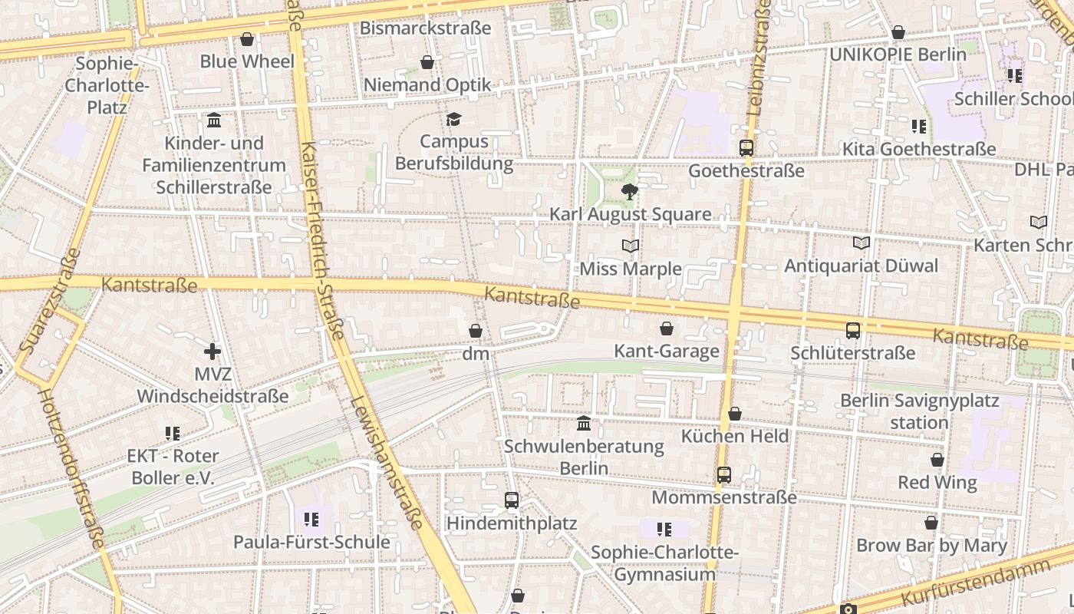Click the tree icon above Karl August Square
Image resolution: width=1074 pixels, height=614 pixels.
click(630, 191)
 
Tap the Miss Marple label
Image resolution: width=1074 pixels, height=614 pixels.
click(631, 269)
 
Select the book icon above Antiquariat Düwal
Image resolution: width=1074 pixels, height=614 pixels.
click(862, 243)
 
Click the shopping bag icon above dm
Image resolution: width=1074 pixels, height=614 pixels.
click(476, 331)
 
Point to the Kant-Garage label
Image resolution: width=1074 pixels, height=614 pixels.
click(667, 352)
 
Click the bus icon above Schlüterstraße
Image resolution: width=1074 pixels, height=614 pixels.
click(853, 330)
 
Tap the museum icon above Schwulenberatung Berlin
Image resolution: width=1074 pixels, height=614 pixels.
click(584, 423)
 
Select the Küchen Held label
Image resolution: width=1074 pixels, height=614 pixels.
click(735, 436)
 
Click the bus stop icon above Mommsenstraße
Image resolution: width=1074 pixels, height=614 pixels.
click(724, 474)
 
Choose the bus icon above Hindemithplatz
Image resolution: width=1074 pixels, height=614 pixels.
click(512, 500)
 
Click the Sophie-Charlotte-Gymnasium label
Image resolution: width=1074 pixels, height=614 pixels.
click(664, 563)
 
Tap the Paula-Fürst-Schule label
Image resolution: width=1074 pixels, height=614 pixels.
click(311, 542)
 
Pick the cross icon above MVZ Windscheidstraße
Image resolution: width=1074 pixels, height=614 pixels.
click(212, 352)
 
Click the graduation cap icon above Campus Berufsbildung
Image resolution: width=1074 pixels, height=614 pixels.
click(454, 119)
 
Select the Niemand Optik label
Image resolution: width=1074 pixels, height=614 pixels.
click(427, 84)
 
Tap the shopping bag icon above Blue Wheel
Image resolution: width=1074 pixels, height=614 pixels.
click(247, 39)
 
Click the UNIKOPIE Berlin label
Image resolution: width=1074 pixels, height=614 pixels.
click(898, 54)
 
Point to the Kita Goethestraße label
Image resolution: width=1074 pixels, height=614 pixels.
click(919, 149)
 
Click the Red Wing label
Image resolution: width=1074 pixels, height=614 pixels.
click(937, 483)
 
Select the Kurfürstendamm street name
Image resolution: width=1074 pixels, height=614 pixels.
click(975, 583)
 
